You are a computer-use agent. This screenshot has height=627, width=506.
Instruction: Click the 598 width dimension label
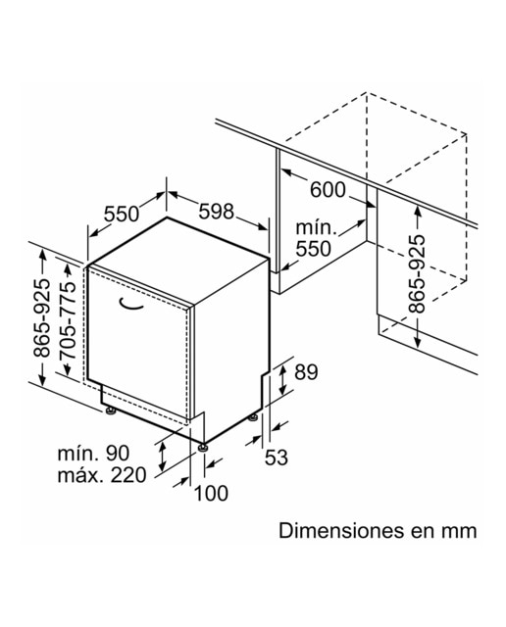(x=216, y=212)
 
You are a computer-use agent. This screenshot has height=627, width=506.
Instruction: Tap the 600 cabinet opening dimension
(x=328, y=189)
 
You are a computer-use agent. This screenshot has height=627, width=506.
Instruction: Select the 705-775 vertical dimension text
(x=67, y=320)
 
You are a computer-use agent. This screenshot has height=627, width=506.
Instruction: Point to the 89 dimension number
(x=306, y=372)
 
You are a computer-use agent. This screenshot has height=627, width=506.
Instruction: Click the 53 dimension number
(x=277, y=458)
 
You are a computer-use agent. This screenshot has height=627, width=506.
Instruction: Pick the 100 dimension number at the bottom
(x=211, y=494)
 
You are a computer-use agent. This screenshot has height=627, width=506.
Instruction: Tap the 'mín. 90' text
(x=94, y=454)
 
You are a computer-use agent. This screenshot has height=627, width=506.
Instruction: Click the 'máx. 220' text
(x=102, y=475)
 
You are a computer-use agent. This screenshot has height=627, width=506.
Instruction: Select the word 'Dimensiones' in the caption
(x=341, y=531)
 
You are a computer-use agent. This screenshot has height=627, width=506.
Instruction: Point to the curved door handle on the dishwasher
(x=130, y=305)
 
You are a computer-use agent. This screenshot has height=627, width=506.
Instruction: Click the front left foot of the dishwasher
(x=110, y=410)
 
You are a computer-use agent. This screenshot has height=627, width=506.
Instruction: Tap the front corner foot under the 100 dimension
(x=203, y=447)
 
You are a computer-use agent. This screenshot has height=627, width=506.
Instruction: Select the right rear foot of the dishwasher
(x=253, y=417)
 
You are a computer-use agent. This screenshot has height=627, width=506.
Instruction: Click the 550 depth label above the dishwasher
(x=122, y=214)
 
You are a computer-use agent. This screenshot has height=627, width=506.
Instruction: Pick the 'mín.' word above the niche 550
(x=316, y=228)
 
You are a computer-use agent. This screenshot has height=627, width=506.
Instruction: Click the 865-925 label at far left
(x=42, y=317)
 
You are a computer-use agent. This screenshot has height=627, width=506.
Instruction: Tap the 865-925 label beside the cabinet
(x=417, y=274)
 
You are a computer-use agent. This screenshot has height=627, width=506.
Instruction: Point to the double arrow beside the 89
(x=282, y=381)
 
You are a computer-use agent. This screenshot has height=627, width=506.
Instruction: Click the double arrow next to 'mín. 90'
(x=162, y=458)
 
